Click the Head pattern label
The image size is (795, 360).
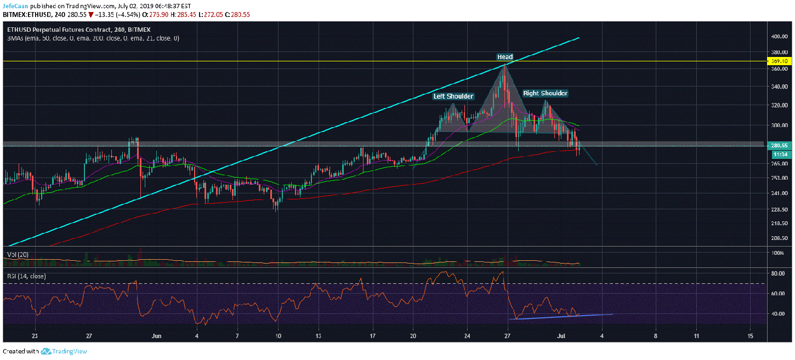coord(505,57)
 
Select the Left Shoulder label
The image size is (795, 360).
coord(453,96)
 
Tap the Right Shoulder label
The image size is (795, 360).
coord(545,93)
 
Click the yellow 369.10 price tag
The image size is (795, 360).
coord(779,61)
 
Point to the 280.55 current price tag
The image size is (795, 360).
coord(779,146)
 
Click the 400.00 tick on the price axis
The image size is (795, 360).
coord(779,37)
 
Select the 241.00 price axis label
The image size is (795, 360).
coord(779,193)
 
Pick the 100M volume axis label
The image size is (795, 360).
coord(776,253)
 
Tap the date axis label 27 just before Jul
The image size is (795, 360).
coord(508,335)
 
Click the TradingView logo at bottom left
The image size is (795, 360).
coord(64,351)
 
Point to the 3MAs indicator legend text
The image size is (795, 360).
coord(93,38)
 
